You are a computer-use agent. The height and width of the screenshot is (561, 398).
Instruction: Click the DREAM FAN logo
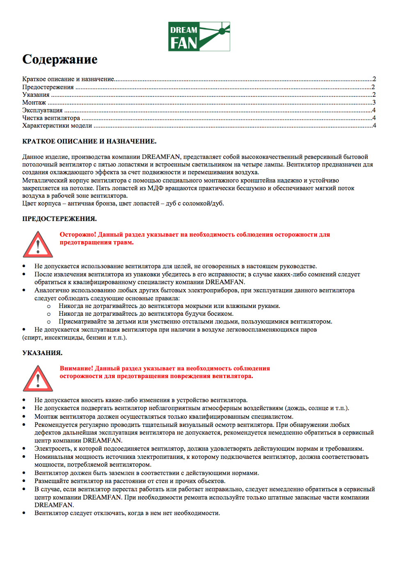199,36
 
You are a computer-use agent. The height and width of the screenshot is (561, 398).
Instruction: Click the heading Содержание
60,59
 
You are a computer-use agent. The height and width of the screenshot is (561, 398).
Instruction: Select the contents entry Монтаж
34,103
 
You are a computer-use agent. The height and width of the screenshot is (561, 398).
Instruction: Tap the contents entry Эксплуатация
42,110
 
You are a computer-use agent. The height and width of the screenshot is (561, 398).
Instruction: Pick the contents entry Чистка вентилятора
51,118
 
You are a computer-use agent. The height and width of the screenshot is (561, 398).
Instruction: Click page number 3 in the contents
374,103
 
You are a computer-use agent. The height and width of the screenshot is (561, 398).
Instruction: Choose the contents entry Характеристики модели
57,126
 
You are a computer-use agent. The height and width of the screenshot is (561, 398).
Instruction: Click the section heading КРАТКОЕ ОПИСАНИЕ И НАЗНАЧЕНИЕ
89,141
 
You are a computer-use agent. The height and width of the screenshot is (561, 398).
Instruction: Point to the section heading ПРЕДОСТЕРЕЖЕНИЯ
59,219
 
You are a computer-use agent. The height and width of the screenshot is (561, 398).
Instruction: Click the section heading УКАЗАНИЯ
42,353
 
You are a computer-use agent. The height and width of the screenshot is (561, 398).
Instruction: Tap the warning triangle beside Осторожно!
38,245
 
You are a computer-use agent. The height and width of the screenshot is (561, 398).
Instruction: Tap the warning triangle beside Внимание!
38,379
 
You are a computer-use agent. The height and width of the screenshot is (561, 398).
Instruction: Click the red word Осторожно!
78,235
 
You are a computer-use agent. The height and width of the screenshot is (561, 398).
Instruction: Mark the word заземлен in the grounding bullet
121,473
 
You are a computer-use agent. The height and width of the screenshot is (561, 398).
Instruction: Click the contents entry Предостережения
48,87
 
